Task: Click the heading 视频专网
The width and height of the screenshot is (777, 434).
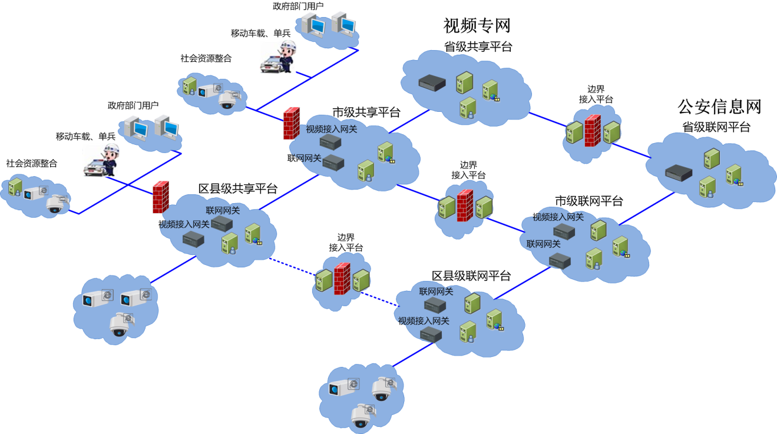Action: click(x=476, y=25)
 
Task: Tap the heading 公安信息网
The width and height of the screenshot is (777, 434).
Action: click(x=719, y=106)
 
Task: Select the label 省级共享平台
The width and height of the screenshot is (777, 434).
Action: click(x=478, y=47)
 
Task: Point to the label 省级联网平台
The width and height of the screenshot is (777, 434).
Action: click(x=716, y=127)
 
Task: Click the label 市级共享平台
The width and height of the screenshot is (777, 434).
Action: click(x=366, y=112)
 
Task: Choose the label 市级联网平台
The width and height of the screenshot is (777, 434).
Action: click(x=588, y=201)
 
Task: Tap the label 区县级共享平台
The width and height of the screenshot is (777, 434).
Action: click(x=237, y=188)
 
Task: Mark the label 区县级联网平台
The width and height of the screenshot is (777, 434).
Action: click(x=471, y=276)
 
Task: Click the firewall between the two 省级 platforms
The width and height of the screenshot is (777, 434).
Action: click(x=592, y=131)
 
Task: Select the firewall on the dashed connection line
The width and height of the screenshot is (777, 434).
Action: click(x=342, y=279)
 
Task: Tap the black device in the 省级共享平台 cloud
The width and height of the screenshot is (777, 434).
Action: click(x=432, y=83)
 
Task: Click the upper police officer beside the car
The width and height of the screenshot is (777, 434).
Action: click(x=287, y=57)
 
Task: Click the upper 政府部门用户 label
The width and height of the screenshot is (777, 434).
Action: click(x=297, y=6)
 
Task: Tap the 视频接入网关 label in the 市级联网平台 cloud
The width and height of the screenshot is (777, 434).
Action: click(x=558, y=217)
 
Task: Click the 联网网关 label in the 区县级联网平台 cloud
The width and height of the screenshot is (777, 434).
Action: click(x=436, y=291)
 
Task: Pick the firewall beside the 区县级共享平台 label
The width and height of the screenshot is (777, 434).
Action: click(x=160, y=197)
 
